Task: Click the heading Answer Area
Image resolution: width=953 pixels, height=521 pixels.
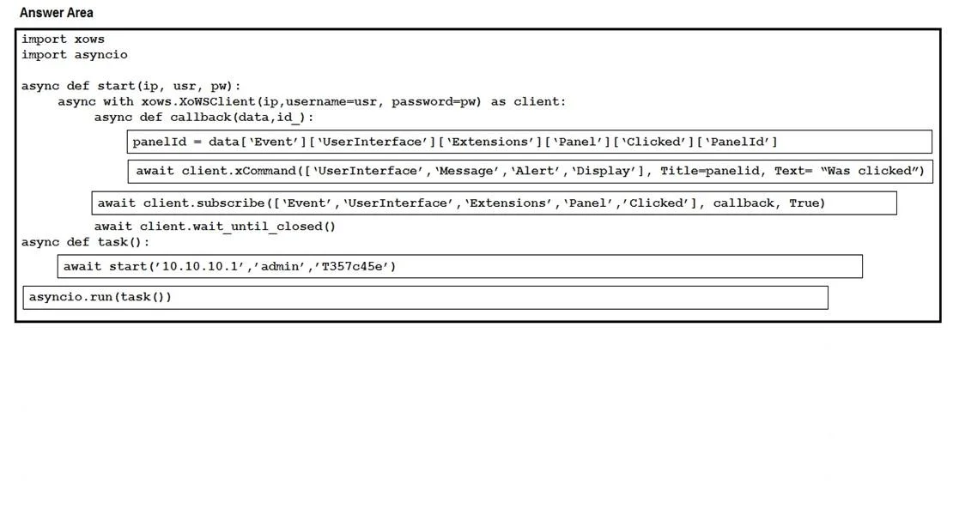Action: click(x=57, y=13)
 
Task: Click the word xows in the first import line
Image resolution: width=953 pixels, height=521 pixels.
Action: click(x=89, y=39)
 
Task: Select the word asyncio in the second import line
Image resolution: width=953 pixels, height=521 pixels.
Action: click(x=101, y=55)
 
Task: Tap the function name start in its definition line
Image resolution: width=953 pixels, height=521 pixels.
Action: click(x=116, y=87)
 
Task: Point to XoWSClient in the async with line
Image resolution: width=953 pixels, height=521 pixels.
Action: click(x=217, y=102)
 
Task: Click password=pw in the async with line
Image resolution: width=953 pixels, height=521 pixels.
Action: click(x=434, y=102)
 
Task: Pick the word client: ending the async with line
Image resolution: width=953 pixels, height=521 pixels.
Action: click(x=540, y=102)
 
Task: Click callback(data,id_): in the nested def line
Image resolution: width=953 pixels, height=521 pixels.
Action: click(x=242, y=118)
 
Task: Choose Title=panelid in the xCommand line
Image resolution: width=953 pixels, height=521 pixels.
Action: click(x=710, y=171)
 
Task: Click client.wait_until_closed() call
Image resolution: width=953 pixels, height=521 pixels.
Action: click(x=238, y=227)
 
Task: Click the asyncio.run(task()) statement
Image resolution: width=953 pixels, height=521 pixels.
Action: click(x=100, y=297)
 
